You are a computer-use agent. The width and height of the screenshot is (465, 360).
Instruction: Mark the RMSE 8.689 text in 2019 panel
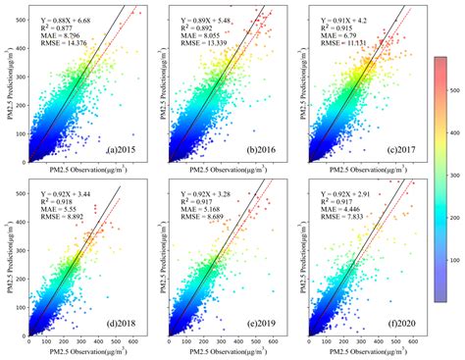click(187, 214)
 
